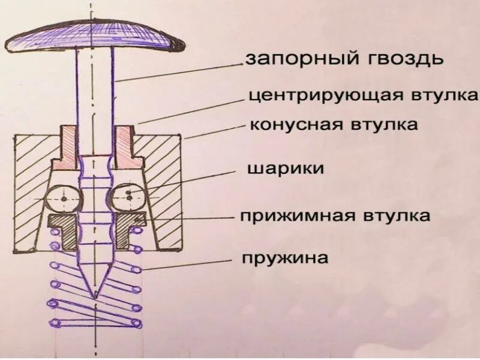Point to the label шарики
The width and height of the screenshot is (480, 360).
(285, 169)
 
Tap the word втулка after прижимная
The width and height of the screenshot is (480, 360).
(397, 215)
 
